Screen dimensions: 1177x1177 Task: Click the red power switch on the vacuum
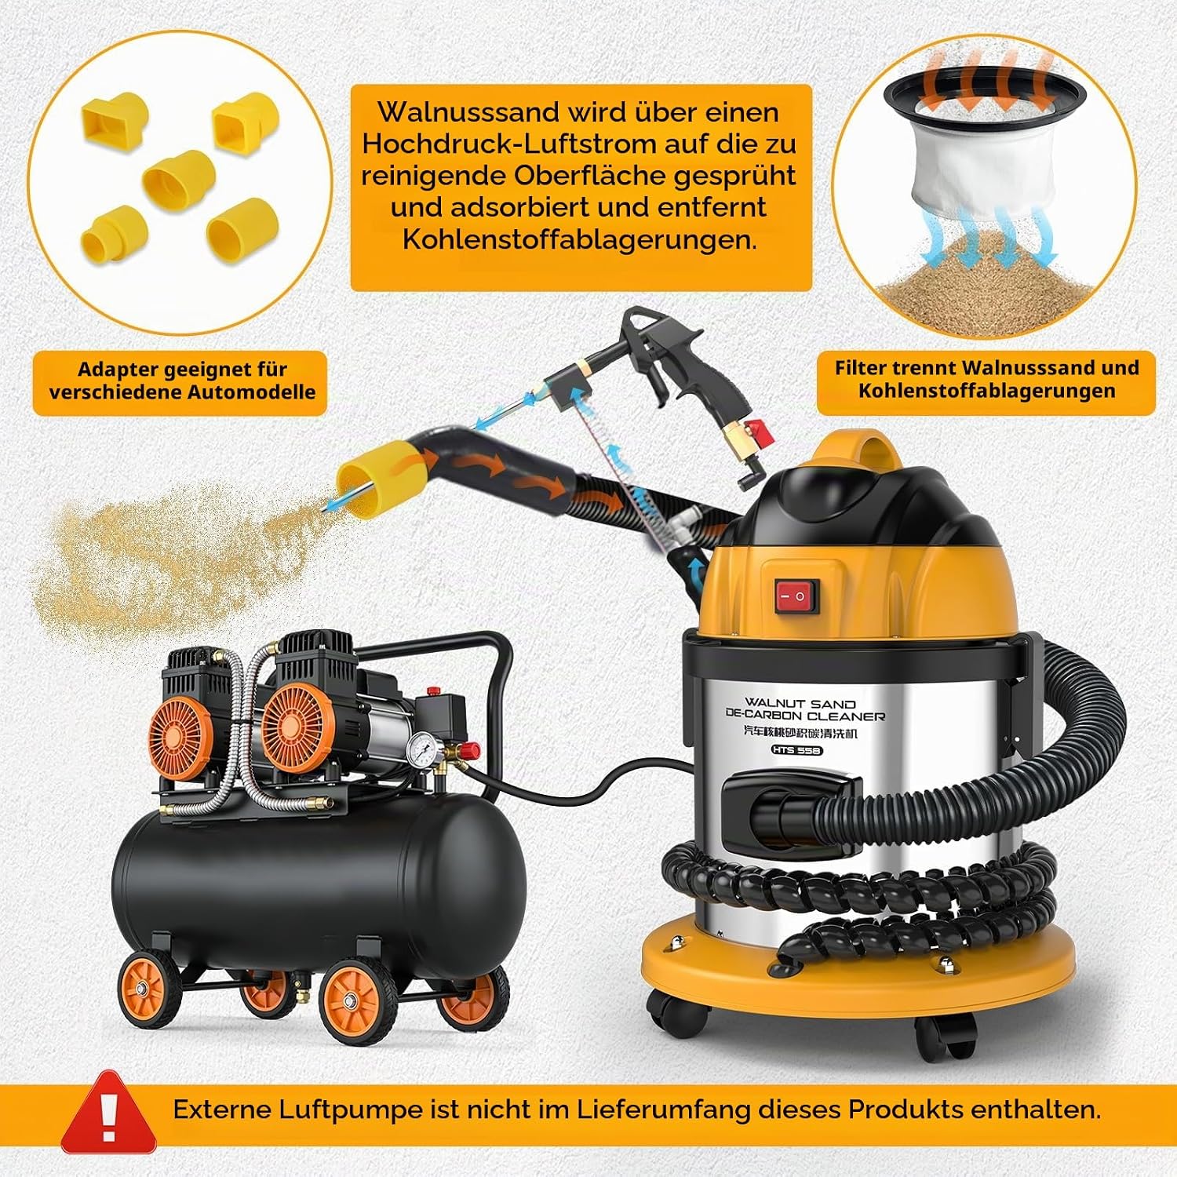tap(797, 596)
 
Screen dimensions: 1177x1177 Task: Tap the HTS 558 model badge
tap(796, 750)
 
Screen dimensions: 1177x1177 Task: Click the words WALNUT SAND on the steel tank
tap(800, 703)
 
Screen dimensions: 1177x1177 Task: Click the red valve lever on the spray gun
tap(756, 428)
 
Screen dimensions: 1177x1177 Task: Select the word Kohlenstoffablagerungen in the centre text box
tap(580, 239)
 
